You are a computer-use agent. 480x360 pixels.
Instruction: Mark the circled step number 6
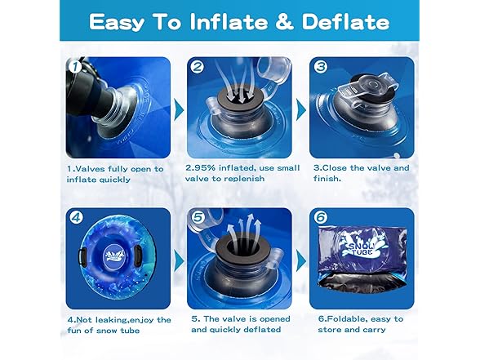pos(321,219)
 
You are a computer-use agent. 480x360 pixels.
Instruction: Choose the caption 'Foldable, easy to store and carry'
pos(359,325)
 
